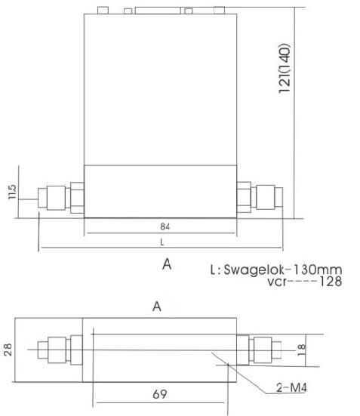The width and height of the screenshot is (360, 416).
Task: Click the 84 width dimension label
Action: tap(165, 226)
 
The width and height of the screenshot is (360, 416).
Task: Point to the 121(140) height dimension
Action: tap(285, 68)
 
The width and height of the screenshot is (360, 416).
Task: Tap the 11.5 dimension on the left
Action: tap(12, 192)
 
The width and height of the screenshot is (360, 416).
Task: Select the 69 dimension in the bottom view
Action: tap(160, 394)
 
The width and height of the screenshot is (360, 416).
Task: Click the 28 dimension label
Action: tap(8, 350)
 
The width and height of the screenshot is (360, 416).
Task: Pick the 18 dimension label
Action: tap(302, 350)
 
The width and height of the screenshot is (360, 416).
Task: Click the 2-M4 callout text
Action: tap(291, 388)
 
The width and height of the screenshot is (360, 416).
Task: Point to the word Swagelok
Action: tap(254, 270)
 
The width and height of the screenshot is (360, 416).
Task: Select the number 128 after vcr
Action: tap(331, 282)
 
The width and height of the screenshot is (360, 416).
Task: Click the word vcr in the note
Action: tap(277, 282)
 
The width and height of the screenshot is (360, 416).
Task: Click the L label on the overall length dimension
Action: tap(162, 242)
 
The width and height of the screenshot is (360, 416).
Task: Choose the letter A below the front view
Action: tap(167, 264)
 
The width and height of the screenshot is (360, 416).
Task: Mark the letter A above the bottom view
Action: tap(157, 307)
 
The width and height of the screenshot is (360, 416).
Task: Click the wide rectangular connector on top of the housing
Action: tap(158, 11)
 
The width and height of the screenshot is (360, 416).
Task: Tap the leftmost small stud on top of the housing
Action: tap(103, 11)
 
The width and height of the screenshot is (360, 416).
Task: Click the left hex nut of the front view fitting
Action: tap(56, 198)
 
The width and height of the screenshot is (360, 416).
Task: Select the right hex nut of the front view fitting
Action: tap(266, 197)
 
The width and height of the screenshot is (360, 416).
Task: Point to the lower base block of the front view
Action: tap(160, 192)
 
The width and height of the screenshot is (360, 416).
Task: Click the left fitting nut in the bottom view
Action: tap(57, 350)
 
